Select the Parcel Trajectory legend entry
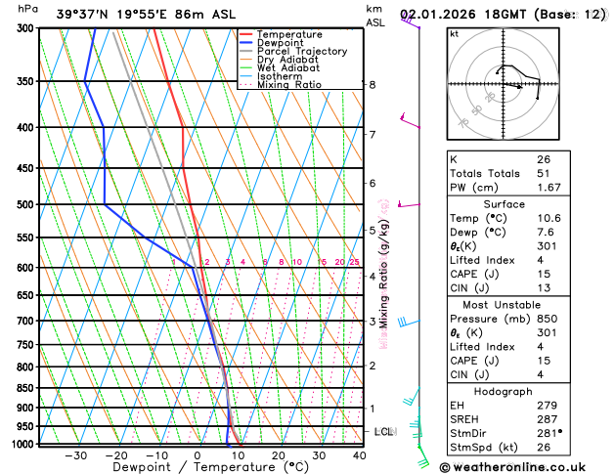tap(301, 51)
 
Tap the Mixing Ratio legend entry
tap(288, 85)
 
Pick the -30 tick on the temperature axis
tap(75, 455)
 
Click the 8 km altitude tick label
tap(373, 85)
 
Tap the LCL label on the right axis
tap(384, 431)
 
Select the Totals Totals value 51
tap(544, 173)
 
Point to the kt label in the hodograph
tap(454, 34)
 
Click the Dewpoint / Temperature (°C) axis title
tap(197, 468)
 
